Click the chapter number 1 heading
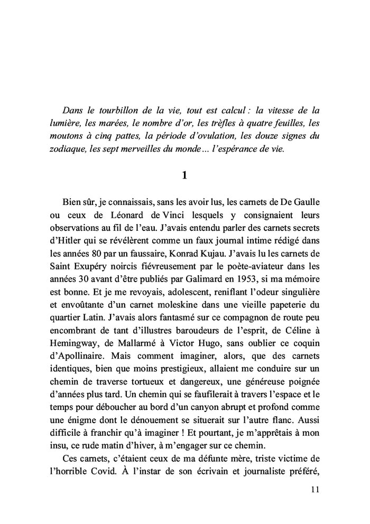point(184,176)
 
